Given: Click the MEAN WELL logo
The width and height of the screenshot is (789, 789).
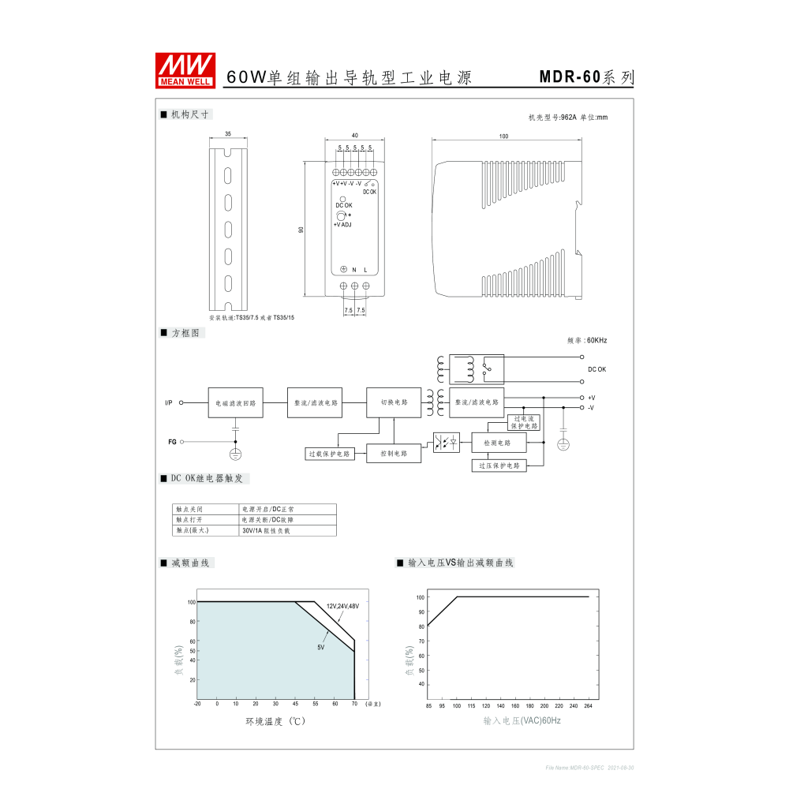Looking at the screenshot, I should coord(185,70).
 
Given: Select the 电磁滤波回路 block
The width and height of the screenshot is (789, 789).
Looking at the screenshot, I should coord(235,402).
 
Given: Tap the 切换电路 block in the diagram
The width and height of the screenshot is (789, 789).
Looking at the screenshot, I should coord(394,402).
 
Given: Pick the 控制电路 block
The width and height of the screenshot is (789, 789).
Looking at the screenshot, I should coord(394,454).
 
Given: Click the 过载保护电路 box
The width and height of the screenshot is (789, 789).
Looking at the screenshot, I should coord(332,454).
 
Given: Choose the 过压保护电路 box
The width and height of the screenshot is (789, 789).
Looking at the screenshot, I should coord(499,466).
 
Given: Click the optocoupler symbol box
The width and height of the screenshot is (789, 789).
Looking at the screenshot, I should coord(447,443).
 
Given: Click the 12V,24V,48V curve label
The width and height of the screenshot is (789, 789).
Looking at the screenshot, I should coord(342,606).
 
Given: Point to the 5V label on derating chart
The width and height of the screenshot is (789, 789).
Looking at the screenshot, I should coord(321,647).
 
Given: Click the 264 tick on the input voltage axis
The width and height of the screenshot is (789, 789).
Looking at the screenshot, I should coord(588,706).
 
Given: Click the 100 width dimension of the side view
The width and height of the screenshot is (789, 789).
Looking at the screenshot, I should coord(503,136).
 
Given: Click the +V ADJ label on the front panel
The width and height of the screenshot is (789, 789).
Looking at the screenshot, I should coord(342,225).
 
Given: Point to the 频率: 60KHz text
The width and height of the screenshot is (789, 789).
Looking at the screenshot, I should coord(587,341).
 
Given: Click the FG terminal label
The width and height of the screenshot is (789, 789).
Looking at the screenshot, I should coord(172,442).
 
